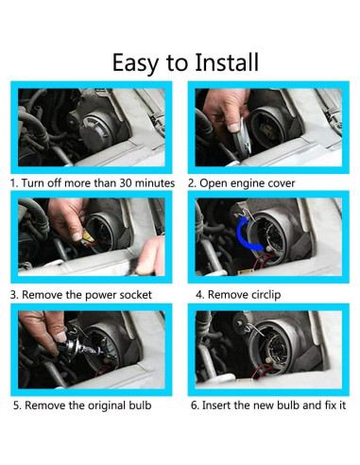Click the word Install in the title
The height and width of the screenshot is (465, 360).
tap(227, 62)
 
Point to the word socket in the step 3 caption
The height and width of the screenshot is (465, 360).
tap(138, 295)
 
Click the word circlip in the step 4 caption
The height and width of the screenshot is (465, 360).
tap(266, 295)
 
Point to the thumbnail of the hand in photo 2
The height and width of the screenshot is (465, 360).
tap(233, 128)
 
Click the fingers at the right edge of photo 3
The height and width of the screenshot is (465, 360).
tap(150, 255)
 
